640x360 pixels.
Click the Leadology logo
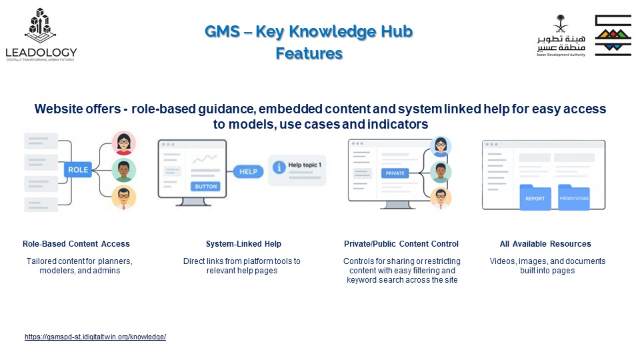41,35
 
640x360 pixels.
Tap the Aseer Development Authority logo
584,35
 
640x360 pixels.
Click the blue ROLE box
77,170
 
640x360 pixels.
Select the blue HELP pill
248,172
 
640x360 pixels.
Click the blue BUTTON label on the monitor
205,187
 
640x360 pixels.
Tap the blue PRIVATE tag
395,173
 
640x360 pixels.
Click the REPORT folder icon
535,197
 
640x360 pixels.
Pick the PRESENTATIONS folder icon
574,197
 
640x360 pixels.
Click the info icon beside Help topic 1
279,167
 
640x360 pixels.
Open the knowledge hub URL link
95,337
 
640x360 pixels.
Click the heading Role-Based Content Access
76,244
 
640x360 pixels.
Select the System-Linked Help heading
243,244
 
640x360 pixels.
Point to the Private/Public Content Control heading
401,244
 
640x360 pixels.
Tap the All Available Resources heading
545,244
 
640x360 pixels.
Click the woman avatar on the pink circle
124,143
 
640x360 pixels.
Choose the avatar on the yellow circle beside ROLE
124,197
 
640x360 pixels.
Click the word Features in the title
309,53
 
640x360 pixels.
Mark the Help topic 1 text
305,165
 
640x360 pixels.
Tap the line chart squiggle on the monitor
205,159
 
